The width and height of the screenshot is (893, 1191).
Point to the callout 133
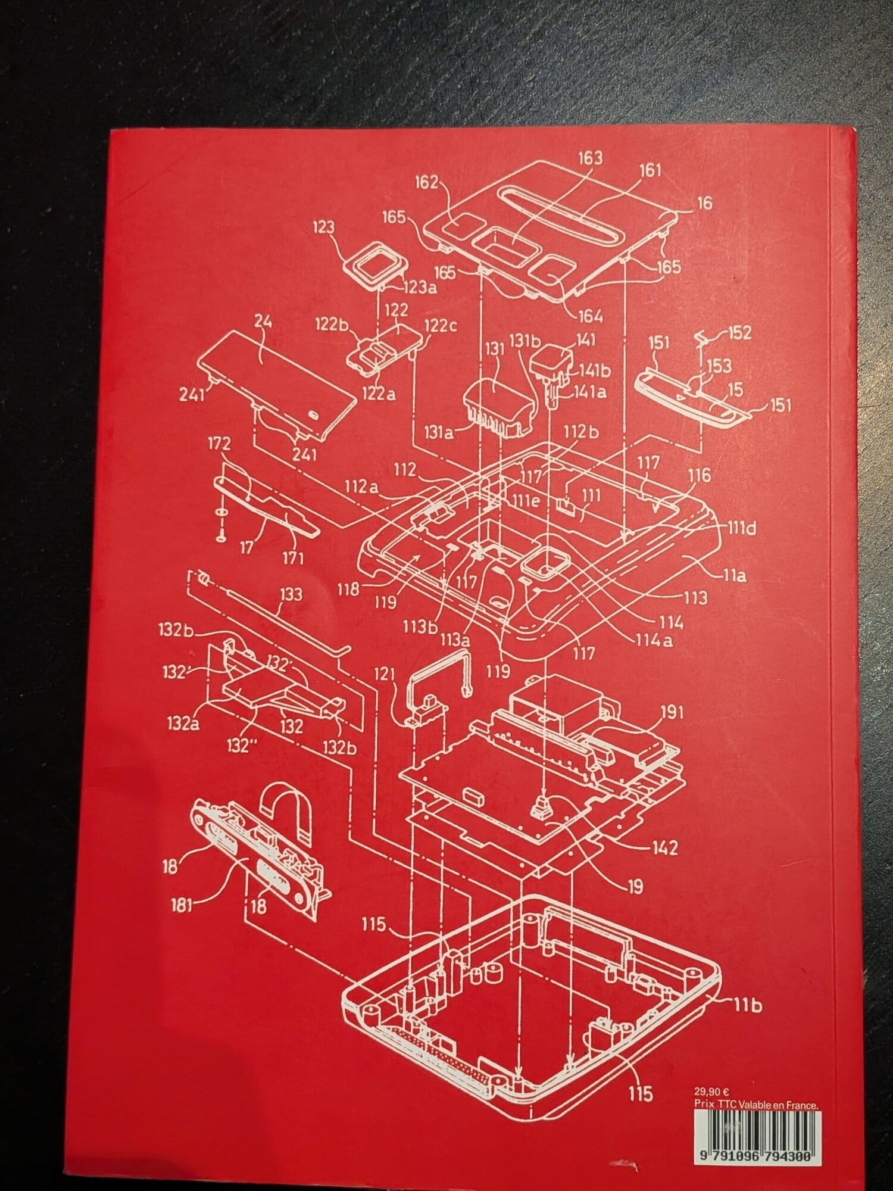[x=289, y=594]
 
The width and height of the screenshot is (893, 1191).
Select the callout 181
[x=182, y=906]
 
